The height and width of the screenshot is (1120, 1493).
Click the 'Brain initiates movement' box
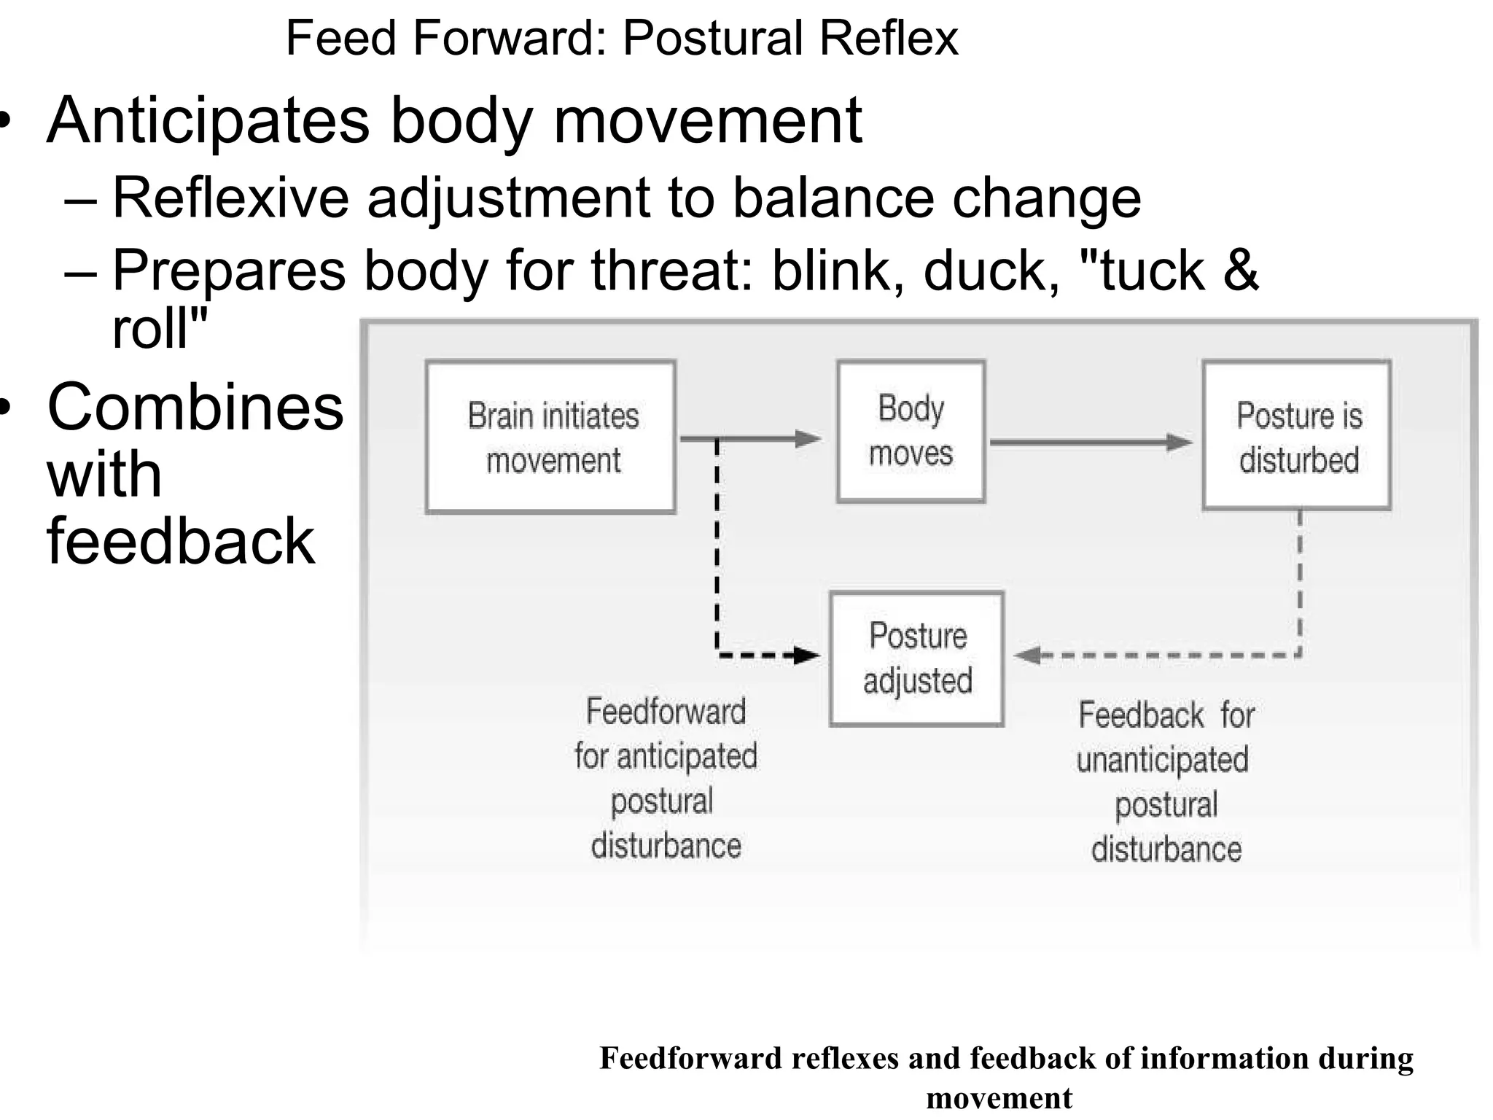tap(551, 437)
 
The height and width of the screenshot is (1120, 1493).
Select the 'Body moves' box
tap(911, 431)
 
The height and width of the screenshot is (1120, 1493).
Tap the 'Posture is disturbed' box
tap(1297, 435)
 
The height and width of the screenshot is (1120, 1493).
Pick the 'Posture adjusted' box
tap(917, 658)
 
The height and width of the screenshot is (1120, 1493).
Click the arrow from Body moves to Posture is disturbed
tap(1090, 442)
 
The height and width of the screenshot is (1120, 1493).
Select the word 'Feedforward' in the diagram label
tap(666, 711)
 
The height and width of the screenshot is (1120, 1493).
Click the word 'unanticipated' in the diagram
tap(1162, 760)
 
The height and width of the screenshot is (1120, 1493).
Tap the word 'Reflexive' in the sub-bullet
tap(231, 198)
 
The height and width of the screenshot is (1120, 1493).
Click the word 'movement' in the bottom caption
tap(999, 1098)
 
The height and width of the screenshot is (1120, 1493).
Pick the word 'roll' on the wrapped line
tap(152, 329)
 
